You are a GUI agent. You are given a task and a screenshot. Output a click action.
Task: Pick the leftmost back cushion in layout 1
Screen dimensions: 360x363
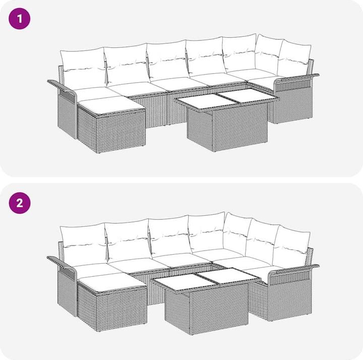coord(82,66)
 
